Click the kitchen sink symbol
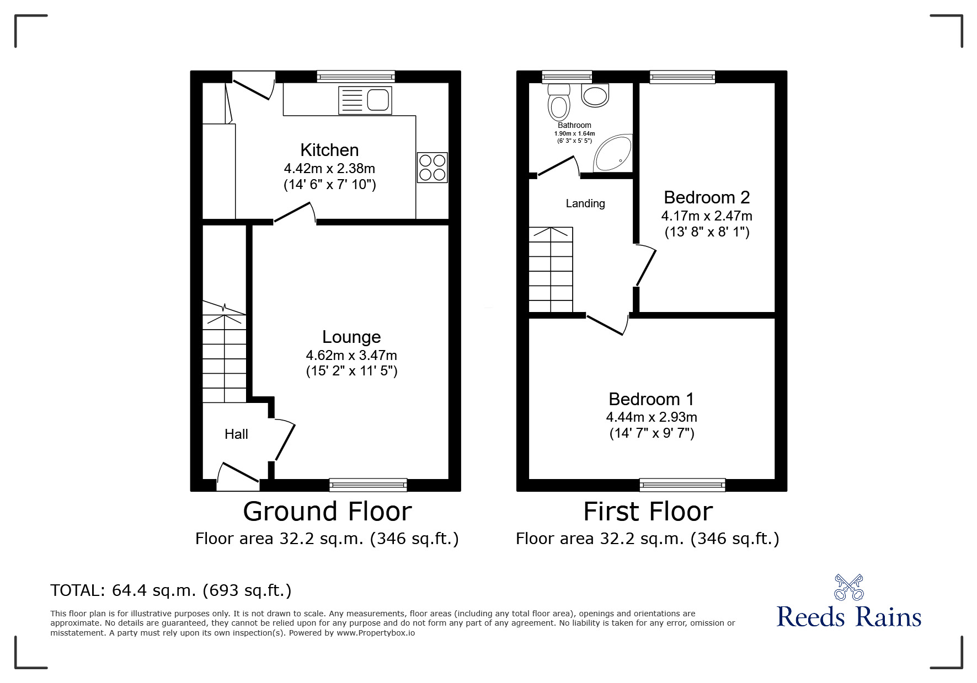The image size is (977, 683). (365, 100)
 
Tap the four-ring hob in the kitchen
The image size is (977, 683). (432, 168)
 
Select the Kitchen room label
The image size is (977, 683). (329, 150)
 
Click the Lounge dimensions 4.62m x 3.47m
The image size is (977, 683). (351, 356)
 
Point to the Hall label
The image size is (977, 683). (236, 434)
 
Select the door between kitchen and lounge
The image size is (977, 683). (295, 213)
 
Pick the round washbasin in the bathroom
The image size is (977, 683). (595, 95)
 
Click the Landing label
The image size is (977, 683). (585, 203)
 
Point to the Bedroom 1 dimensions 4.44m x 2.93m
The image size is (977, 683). (652, 417)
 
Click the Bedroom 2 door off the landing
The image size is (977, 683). (645, 267)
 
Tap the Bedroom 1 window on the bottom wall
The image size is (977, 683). (682, 485)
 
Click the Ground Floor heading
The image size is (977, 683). (327, 512)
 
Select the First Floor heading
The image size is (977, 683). (648, 512)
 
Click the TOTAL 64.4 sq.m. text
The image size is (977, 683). (170, 590)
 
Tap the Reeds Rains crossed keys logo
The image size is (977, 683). (848, 587)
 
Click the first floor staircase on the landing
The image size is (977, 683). (551, 270)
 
